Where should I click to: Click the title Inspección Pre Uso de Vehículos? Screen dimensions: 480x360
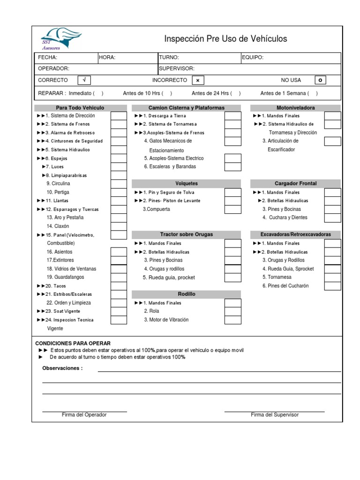click(x=225, y=39)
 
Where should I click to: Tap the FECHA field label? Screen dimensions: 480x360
click(x=48, y=58)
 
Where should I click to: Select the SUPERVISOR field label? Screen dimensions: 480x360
click(x=176, y=68)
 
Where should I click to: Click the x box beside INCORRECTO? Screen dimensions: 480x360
click(x=198, y=80)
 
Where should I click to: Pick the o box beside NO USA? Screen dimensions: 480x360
click(x=320, y=80)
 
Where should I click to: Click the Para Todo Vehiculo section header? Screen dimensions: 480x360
click(x=80, y=108)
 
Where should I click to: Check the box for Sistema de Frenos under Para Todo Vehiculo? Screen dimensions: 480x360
click(x=119, y=124)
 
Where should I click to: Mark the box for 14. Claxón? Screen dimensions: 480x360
click(x=119, y=226)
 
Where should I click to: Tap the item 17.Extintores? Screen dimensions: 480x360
click(x=60, y=260)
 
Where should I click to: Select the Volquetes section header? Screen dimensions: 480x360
click(x=187, y=184)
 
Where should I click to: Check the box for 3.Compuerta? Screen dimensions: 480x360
click(x=232, y=209)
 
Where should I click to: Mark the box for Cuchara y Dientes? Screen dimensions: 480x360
click(x=332, y=217)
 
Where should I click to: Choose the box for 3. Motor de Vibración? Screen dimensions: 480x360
click(x=232, y=320)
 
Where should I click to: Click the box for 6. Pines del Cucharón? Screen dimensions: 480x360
click(x=332, y=285)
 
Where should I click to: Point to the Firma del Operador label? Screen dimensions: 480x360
click(x=84, y=415)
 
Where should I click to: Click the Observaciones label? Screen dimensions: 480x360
click(x=62, y=368)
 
